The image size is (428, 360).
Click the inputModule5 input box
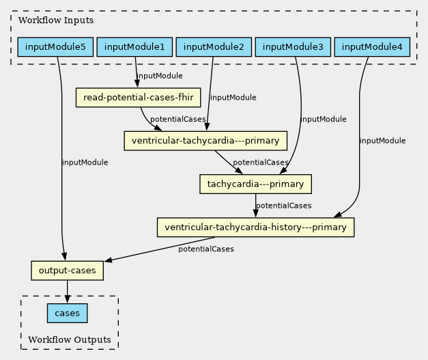(x=56, y=47)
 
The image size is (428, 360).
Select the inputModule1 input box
(x=134, y=47)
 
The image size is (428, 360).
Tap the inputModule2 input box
(x=214, y=47)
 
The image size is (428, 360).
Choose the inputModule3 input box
(x=293, y=47)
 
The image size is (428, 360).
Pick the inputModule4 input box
(x=372, y=47)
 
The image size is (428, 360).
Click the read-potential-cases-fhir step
(x=138, y=98)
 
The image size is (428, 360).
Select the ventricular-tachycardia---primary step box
(x=205, y=141)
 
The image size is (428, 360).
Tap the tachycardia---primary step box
(x=255, y=184)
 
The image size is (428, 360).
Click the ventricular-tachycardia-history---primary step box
(x=256, y=227)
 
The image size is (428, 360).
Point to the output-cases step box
(x=67, y=271)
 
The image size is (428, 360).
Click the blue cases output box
(x=67, y=314)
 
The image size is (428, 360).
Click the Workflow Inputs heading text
(x=56, y=20)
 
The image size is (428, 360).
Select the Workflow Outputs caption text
(x=70, y=340)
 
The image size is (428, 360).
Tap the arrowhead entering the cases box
(x=67, y=299)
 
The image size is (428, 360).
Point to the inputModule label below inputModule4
(x=382, y=141)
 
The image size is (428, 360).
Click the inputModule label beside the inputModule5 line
(x=85, y=163)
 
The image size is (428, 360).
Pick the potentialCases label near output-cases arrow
(x=206, y=249)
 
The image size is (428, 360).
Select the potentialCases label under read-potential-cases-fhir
(x=177, y=120)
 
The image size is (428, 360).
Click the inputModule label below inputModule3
(x=324, y=119)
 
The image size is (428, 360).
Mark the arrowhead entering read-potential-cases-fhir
(x=138, y=84)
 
